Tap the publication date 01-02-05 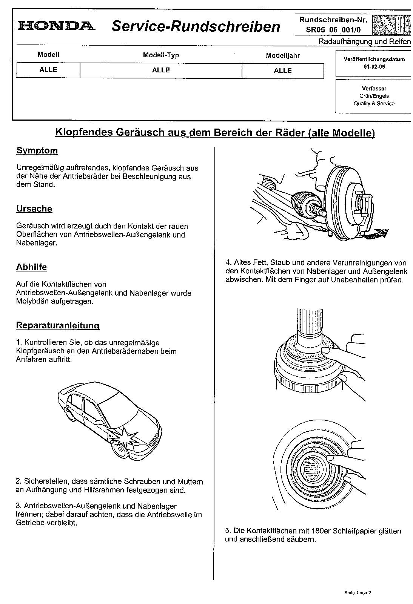point(374,67)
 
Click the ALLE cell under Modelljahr point(283,71)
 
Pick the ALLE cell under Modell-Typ point(161,70)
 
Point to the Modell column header point(48,55)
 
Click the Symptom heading point(37,151)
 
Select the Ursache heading point(34,209)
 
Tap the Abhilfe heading point(31,267)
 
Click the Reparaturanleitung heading point(57,325)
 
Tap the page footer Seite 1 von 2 point(358,592)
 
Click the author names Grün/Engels point(374,96)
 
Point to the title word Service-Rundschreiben point(196,26)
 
